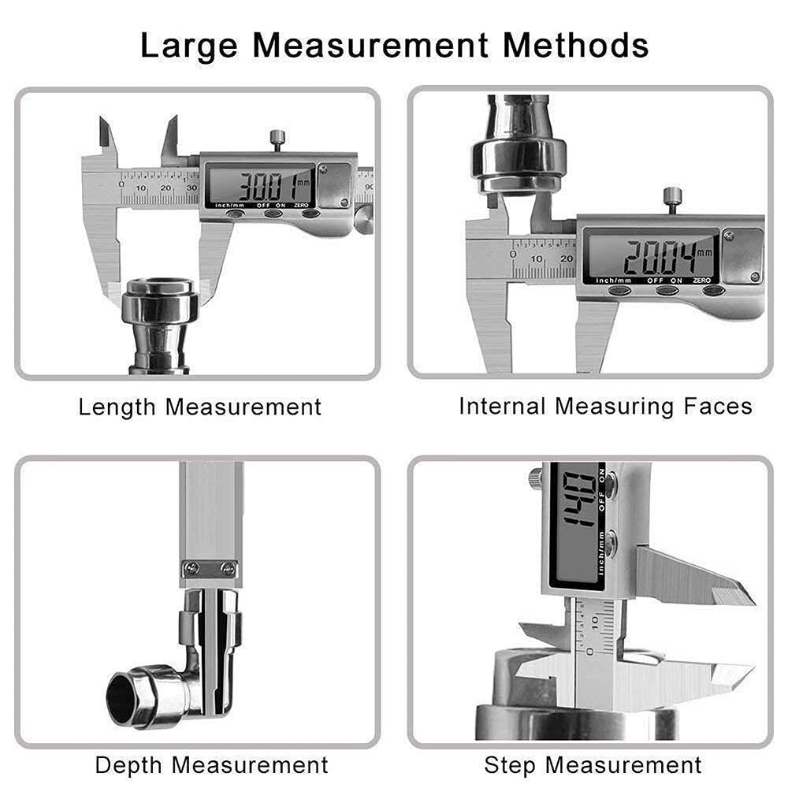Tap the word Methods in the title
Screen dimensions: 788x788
point(576,46)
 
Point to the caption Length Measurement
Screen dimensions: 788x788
point(200,407)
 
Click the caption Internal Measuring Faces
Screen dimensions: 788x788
point(605,407)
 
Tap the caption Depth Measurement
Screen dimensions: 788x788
point(211,764)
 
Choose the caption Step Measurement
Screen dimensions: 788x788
point(593,764)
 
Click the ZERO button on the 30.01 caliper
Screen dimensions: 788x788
point(310,214)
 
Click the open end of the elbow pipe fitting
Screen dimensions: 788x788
point(126,694)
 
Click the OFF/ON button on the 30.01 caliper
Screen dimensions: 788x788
point(273,214)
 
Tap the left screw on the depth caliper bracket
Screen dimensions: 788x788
point(189,567)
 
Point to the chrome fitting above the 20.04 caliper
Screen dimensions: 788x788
point(518,150)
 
